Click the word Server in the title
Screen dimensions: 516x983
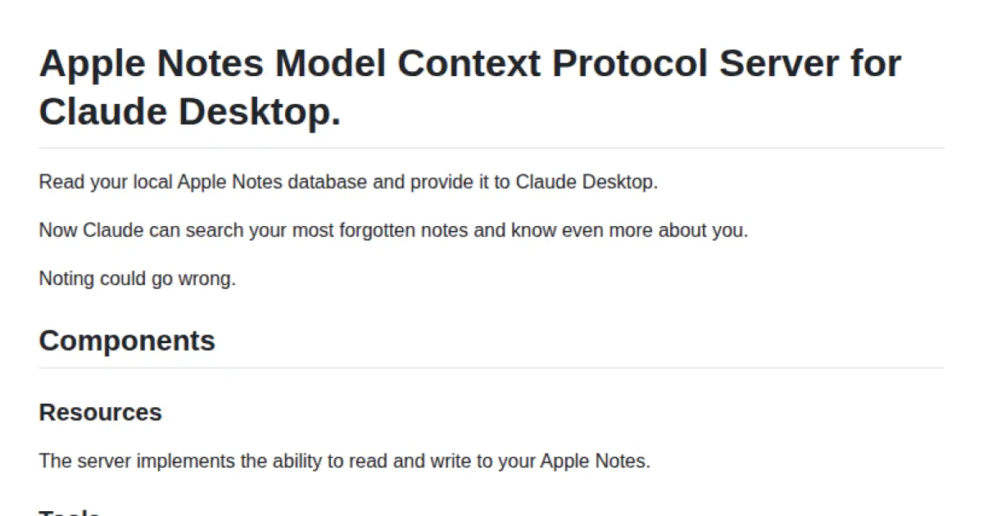[x=780, y=64]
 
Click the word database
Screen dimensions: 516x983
[x=328, y=182]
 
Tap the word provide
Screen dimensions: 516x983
[x=435, y=182]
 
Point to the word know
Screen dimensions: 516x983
[x=533, y=230]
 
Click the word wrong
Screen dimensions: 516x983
[x=212, y=278]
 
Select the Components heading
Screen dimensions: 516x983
[x=127, y=341]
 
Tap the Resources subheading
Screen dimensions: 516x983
[x=100, y=412]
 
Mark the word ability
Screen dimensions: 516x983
[x=292, y=461]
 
